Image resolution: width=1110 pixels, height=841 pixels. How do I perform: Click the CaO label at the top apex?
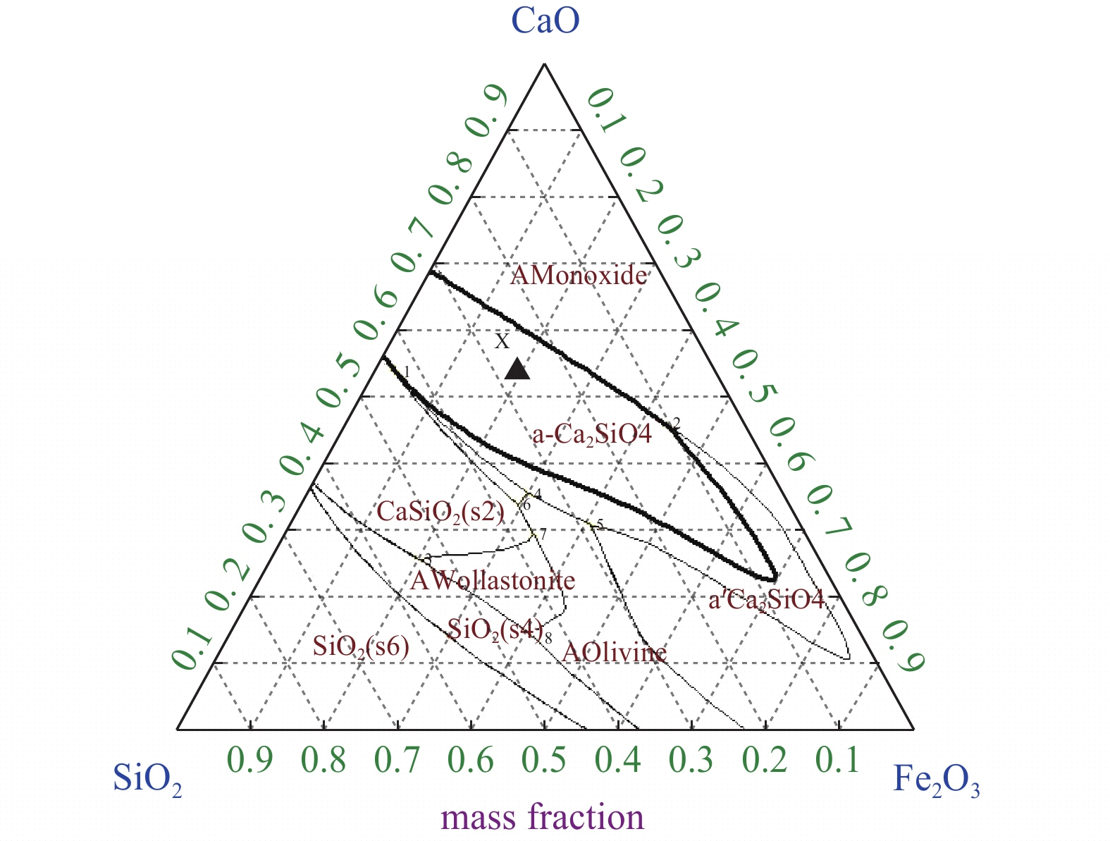click(545, 21)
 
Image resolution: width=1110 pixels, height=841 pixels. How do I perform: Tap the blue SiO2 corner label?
click(147, 781)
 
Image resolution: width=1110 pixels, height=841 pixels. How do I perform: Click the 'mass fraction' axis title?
click(542, 818)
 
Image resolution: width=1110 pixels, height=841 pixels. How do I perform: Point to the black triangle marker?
click(517, 369)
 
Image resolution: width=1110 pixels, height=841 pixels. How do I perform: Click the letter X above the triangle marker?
click(502, 342)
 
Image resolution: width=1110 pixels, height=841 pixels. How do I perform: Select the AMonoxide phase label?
click(579, 275)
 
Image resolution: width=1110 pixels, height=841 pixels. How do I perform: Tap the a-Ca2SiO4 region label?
click(592, 434)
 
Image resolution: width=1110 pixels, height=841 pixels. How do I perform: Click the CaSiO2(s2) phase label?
click(440, 511)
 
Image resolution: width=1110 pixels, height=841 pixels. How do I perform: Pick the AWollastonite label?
click(493, 581)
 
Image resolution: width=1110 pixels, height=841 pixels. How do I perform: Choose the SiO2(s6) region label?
click(361, 646)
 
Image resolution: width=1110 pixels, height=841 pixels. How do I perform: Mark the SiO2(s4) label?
click(495, 630)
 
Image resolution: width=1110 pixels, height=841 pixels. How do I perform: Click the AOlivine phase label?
click(614, 653)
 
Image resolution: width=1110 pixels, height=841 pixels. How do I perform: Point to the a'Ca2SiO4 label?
click(766, 601)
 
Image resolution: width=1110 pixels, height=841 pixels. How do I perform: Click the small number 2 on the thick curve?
click(677, 423)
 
